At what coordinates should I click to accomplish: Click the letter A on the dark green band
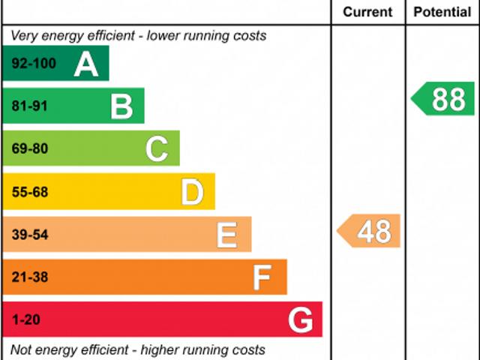pyautogui.click(x=86, y=65)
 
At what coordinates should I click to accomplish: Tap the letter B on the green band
pyautogui.click(x=121, y=106)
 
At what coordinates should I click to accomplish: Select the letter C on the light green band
pyautogui.click(x=157, y=149)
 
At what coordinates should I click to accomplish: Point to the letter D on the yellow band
pyautogui.click(x=192, y=193)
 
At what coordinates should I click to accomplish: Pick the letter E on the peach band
pyautogui.click(x=226, y=235)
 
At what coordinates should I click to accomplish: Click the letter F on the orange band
pyautogui.click(x=262, y=278)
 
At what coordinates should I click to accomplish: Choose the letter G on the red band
pyautogui.click(x=300, y=321)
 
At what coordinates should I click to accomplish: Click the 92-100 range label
pyautogui.click(x=34, y=64)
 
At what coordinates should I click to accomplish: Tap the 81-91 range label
pyautogui.click(x=30, y=106)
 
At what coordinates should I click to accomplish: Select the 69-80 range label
pyautogui.click(x=30, y=148)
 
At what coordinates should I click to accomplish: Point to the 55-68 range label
pyautogui.click(x=30, y=192)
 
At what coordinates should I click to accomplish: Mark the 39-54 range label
pyautogui.click(x=30, y=235)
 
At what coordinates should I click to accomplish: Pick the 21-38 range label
pyautogui.click(x=30, y=277)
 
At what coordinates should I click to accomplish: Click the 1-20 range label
pyautogui.click(x=25, y=320)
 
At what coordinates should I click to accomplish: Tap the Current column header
pyautogui.click(x=367, y=12)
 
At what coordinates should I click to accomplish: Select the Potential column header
pyautogui.click(x=442, y=12)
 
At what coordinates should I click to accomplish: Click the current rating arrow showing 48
pyautogui.click(x=369, y=231)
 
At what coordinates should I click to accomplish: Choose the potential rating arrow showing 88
pyautogui.click(x=444, y=100)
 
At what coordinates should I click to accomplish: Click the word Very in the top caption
pyautogui.click(x=24, y=36)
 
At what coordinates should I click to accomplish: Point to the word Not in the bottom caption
pyautogui.click(x=21, y=350)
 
